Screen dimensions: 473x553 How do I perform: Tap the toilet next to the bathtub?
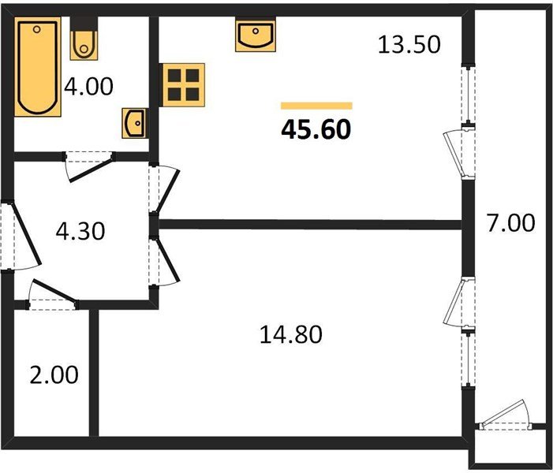(82, 44)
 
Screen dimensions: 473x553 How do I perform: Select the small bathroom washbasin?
(135, 123)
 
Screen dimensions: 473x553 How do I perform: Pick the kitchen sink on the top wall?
(254, 36)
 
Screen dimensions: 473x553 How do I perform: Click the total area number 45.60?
(316, 128)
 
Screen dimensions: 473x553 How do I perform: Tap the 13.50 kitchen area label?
(408, 45)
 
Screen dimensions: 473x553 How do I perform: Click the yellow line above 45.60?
(316, 106)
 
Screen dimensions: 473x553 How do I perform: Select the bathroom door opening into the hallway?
(88, 167)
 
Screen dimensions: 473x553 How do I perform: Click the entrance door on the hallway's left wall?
(19, 236)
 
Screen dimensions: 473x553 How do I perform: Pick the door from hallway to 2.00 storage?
(53, 295)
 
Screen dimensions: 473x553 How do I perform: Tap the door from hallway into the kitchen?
(165, 190)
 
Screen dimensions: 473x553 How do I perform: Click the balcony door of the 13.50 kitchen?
(459, 150)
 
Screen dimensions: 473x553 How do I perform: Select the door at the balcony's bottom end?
(504, 416)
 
